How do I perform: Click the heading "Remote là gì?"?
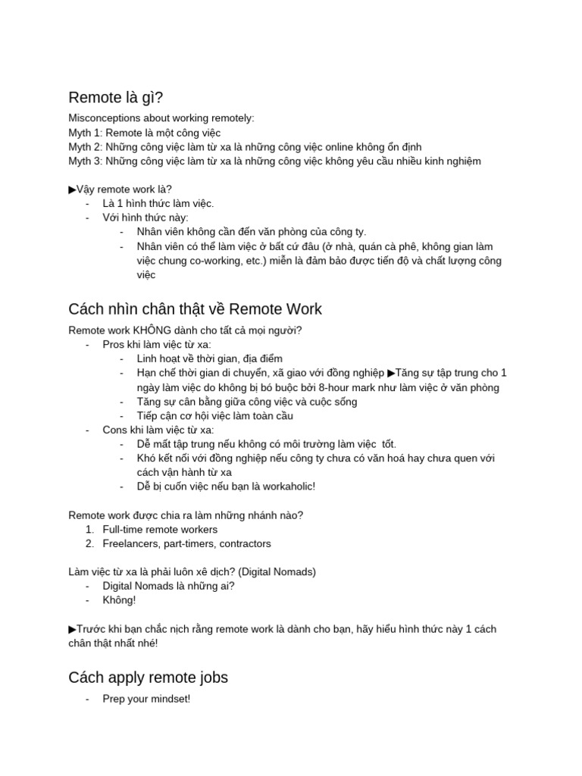[115, 98]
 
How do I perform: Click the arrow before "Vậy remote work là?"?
[73, 189]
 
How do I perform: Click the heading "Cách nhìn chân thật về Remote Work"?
[195, 309]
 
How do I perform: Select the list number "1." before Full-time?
[89, 530]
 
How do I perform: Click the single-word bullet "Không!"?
[120, 601]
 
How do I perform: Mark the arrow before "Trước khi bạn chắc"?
[73, 629]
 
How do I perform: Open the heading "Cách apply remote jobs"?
[148, 677]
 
